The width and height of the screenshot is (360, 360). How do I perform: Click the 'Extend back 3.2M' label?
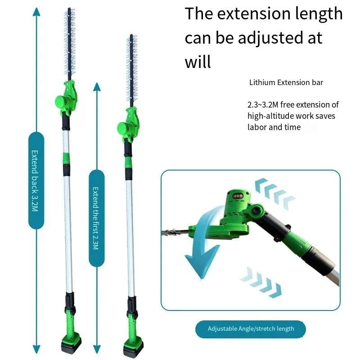click(x=35, y=180)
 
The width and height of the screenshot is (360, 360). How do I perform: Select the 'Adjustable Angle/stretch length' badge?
click(x=251, y=329)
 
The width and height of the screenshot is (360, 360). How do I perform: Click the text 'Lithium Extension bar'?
click(x=286, y=82)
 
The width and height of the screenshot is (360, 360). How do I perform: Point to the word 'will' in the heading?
click(x=198, y=62)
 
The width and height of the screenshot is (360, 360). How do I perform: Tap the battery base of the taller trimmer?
click(x=71, y=344)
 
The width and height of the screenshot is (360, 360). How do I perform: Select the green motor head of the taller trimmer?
click(x=66, y=97)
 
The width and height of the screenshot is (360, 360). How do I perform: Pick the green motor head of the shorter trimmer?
click(x=128, y=124)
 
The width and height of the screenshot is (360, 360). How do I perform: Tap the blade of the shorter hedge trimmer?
click(x=131, y=71)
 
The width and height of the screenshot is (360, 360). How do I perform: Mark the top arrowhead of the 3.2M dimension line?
click(x=36, y=12)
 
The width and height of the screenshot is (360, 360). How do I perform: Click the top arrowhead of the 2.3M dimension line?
click(x=97, y=87)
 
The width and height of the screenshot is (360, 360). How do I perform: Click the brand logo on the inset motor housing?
click(x=238, y=196)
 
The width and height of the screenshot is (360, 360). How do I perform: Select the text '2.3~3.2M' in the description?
click(x=263, y=105)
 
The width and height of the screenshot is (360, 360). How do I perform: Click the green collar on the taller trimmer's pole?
click(x=66, y=158)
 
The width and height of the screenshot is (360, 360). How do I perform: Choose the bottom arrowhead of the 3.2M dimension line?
click(x=36, y=350)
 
